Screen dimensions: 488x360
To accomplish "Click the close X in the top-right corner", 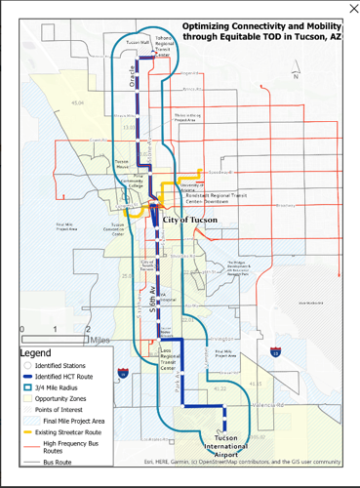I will point(353,8).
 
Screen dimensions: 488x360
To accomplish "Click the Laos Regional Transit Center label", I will point(167,359).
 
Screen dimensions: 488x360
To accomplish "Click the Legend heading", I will point(36,352).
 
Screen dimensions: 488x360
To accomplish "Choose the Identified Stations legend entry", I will point(65,365).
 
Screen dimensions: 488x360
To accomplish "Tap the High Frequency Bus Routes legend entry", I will point(74,447).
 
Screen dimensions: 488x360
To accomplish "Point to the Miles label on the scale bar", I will point(97,341).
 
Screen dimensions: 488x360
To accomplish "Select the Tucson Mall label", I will point(137,43).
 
